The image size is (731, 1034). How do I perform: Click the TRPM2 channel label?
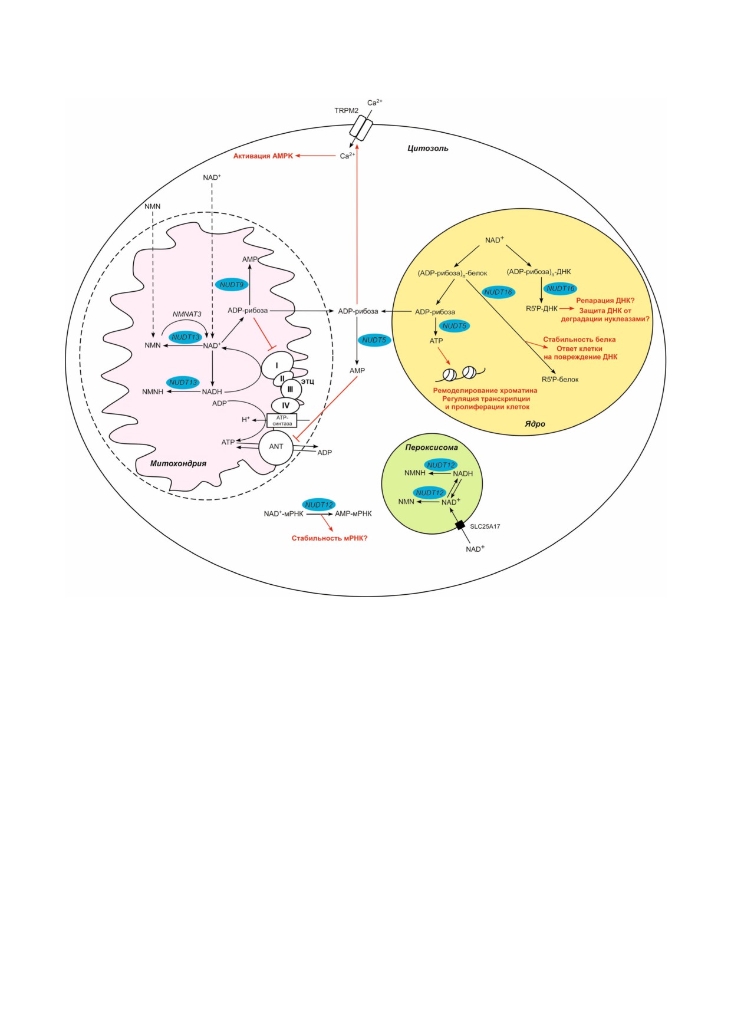(x=346, y=110)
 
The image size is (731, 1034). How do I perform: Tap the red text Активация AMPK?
(x=263, y=156)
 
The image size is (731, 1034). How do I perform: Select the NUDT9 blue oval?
(x=232, y=285)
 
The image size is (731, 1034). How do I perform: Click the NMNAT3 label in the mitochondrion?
(x=187, y=314)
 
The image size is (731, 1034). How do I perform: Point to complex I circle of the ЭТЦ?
(x=276, y=365)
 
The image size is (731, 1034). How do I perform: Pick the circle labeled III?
(x=291, y=389)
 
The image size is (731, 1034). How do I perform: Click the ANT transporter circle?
(x=276, y=447)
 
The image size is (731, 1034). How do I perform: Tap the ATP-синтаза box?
(x=282, y=420)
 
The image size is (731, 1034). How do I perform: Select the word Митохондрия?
(x=178, y=463)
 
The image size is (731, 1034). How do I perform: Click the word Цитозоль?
(x=428, y=149)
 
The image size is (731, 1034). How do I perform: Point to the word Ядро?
(x=535, y=424)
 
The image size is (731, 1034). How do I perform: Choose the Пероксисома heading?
(x=432, y=447)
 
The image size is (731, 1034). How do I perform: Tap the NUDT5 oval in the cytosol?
(x=374, y=340)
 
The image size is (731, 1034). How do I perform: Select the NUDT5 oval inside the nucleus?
(x=454, y=326)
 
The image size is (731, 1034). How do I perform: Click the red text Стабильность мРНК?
(x=330, y=538)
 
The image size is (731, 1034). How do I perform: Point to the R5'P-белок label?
(x=560, y=380)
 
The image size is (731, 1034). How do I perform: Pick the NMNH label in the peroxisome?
(x=415, y=473)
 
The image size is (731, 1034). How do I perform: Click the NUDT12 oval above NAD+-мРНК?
(x=319, y=505)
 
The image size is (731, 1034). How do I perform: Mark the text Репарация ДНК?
(x=605, y=301)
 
